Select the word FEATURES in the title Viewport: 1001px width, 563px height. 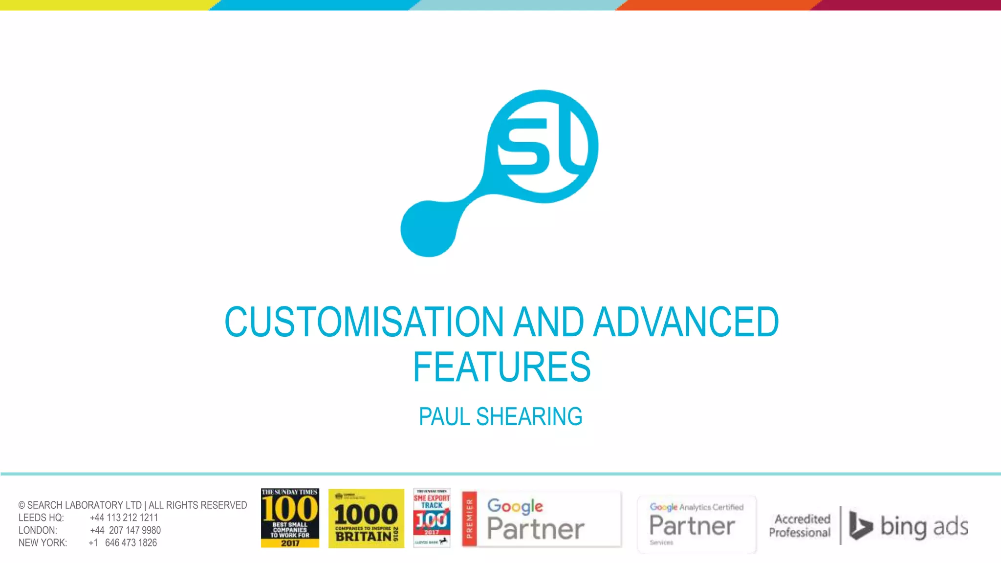[501, 367]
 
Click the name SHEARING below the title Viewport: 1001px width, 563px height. [529, 417]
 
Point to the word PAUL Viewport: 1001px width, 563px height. [444, 417]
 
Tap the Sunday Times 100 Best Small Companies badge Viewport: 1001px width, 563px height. [290, 518]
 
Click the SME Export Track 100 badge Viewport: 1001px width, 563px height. [432, 518]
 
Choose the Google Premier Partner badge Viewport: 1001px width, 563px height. [541, 519]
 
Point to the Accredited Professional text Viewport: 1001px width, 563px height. [800, 525]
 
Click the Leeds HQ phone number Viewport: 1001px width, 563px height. [124, 518]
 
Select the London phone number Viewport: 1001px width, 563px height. [126, 530]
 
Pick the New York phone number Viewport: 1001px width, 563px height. [123, 543]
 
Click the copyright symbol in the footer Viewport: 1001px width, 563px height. [22, 505]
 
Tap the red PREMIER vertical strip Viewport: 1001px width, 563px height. [469, 519]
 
